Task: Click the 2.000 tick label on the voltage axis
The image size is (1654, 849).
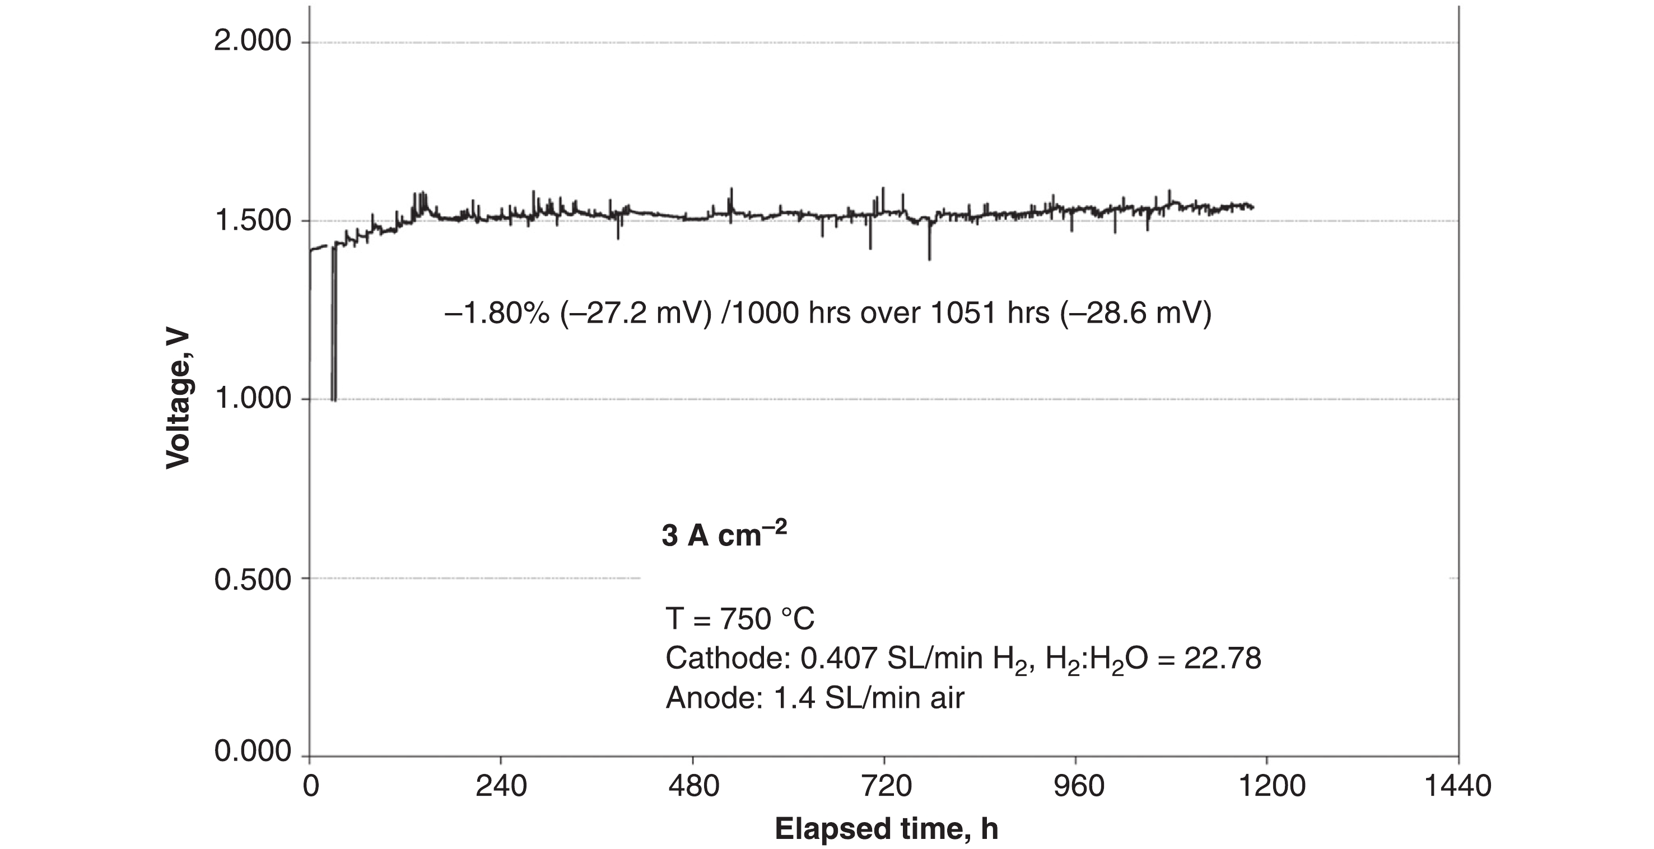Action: (253, 43)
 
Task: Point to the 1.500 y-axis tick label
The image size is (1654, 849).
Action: (253, 221)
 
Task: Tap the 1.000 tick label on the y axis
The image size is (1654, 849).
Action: (253, 399)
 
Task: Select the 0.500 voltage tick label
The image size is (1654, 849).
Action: (253, 579)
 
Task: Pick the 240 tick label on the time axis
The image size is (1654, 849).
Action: (501, 787)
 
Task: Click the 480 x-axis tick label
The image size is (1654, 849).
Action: (693, 787)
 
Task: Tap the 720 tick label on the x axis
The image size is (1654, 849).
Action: (886, 787)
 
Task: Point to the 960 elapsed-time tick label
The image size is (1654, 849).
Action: (1078, 787)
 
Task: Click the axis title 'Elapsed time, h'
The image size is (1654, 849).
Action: (886, 829)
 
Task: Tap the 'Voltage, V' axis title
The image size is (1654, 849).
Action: (178, 399)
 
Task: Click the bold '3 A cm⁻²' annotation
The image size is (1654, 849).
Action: (724, 534)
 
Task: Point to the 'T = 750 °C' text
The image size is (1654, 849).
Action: (740, 619)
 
